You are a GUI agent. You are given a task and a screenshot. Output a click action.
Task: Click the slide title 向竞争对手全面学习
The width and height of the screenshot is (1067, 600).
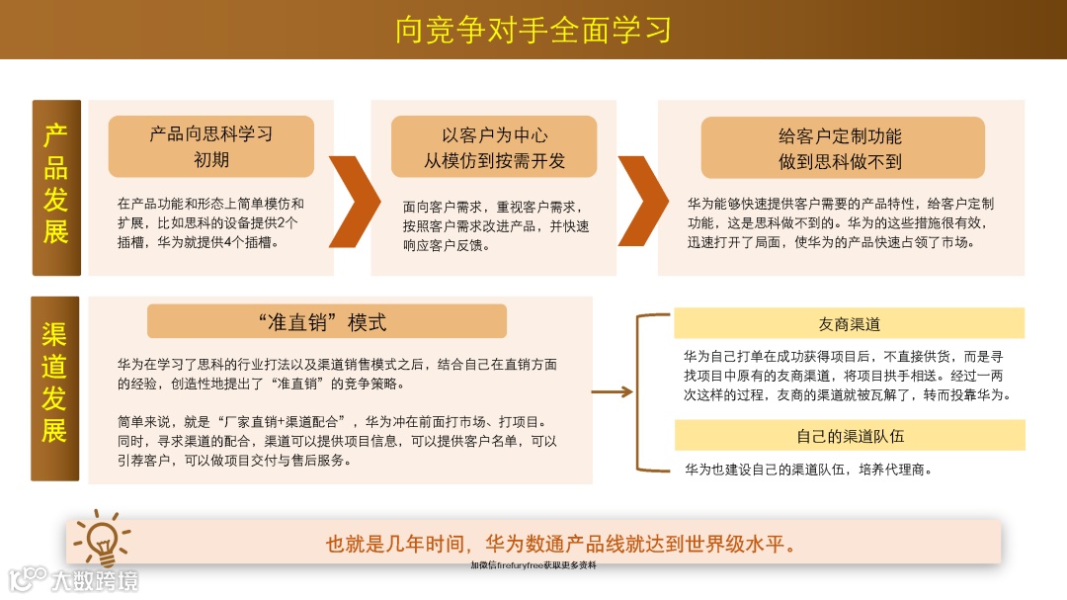point(533,30)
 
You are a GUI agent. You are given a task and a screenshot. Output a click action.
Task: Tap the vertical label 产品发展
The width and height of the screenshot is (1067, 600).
point(55,187)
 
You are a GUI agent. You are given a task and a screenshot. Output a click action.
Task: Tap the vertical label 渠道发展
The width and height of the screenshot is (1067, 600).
point(55,387)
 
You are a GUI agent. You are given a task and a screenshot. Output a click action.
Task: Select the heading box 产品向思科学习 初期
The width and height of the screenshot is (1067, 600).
point(210,146)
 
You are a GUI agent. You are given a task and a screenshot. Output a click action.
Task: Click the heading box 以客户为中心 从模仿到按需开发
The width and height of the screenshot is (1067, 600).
point(494,147)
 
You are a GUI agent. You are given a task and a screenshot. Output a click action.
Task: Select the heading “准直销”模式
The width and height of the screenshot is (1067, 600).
point(326,321)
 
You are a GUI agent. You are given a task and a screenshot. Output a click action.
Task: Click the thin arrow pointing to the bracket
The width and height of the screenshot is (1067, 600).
point(612,392)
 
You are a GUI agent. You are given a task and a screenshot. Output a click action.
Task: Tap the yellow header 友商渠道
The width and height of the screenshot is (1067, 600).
point(849,323)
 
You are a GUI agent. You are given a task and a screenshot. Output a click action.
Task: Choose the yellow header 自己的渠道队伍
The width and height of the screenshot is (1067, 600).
point(849,435)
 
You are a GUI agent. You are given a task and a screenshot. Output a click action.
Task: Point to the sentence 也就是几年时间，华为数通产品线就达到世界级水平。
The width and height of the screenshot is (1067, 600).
point(561,544)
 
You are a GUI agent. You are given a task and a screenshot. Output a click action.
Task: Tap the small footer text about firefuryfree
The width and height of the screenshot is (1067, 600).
point(533,565)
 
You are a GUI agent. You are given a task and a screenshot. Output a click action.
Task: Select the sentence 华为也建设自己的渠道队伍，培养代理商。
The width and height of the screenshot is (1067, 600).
point(808,470)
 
